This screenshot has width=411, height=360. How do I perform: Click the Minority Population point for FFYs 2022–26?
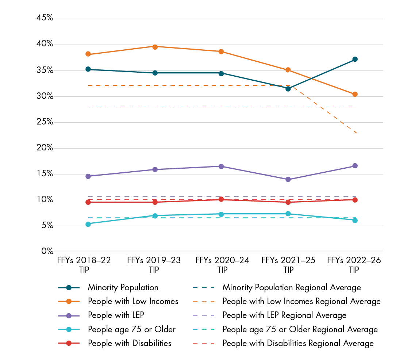tap(354, 59)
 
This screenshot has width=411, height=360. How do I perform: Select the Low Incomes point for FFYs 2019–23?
tap(155, 47)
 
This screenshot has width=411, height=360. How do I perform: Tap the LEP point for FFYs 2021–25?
tap(288, 179)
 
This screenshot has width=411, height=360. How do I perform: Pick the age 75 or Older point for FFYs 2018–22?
tap(88, 224)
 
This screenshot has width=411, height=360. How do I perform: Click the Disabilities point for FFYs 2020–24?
tap(221, 199)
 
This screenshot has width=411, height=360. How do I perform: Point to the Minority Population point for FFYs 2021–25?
tap(288, 89)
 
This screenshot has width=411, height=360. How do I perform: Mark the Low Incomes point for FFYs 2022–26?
tap(354, 94)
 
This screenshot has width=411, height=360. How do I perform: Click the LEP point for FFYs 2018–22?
tap(88, 176)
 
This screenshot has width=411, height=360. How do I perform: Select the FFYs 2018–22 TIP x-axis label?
tap(84, 265)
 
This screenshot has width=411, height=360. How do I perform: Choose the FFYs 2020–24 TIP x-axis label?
tap(222, 265)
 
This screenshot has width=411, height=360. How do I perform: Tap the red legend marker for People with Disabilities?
tap(69, 344)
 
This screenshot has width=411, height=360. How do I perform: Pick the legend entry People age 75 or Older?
tap(131, 330)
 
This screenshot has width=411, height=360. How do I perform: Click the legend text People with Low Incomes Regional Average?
tap(301, 302)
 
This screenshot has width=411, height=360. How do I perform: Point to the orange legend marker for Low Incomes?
tap(69, 302)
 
